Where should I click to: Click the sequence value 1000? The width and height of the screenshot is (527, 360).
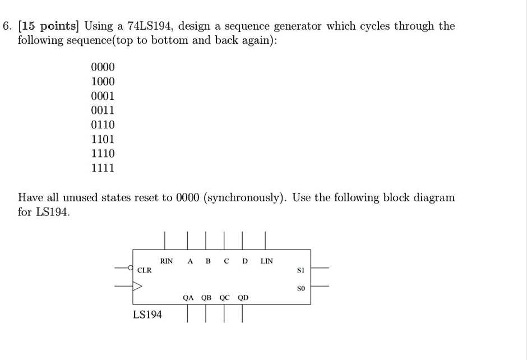(x=103, y=82)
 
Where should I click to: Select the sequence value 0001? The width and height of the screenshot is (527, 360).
(x=103, y=96)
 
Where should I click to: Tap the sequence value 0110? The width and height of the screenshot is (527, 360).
(x=103, y=124)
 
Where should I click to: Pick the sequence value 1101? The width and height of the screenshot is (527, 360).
(x=103, y=139)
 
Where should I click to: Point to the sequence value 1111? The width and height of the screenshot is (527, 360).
(x=103, y=168)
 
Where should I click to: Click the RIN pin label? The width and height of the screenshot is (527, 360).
(x=167, y=261)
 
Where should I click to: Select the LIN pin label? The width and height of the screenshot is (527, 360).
(x=267, y=261)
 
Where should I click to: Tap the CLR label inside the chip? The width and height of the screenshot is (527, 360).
(x=145, y=270)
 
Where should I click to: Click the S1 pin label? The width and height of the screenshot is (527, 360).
(x=301, y=270)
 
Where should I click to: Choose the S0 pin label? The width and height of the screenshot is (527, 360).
(x=301, y=288)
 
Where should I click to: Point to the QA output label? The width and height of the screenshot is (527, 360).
(x=188, y=298)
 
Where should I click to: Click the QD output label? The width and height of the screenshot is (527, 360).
(x=243, y=298)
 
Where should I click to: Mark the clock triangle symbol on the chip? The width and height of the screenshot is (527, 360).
(x=137, y=287)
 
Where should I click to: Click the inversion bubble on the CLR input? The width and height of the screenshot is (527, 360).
(x=131, y=267)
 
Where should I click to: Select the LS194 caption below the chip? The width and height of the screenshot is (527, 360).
(x=147, y=315)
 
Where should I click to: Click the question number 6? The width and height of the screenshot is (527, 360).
(x=7, y=26)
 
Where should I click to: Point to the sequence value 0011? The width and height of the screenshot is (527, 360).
(x=103, y=110)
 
